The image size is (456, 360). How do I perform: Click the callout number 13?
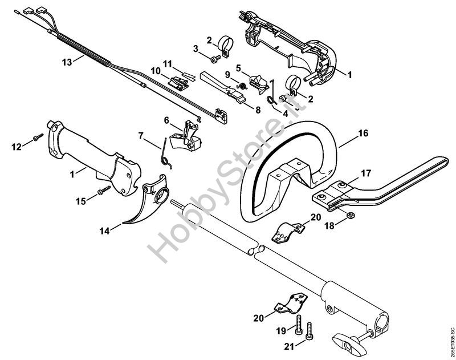67,62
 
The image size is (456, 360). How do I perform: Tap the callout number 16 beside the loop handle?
363,134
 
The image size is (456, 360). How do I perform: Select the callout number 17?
366,173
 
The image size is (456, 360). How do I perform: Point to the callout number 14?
105,231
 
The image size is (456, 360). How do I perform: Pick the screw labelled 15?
104,190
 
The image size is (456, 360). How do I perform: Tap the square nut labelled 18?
350,215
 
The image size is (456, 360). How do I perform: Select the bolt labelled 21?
310,331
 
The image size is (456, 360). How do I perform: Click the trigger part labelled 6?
186,136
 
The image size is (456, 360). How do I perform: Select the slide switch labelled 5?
259,82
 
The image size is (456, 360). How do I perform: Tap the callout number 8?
258,110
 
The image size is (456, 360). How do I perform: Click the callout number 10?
156,71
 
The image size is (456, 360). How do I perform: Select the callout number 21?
290,346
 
